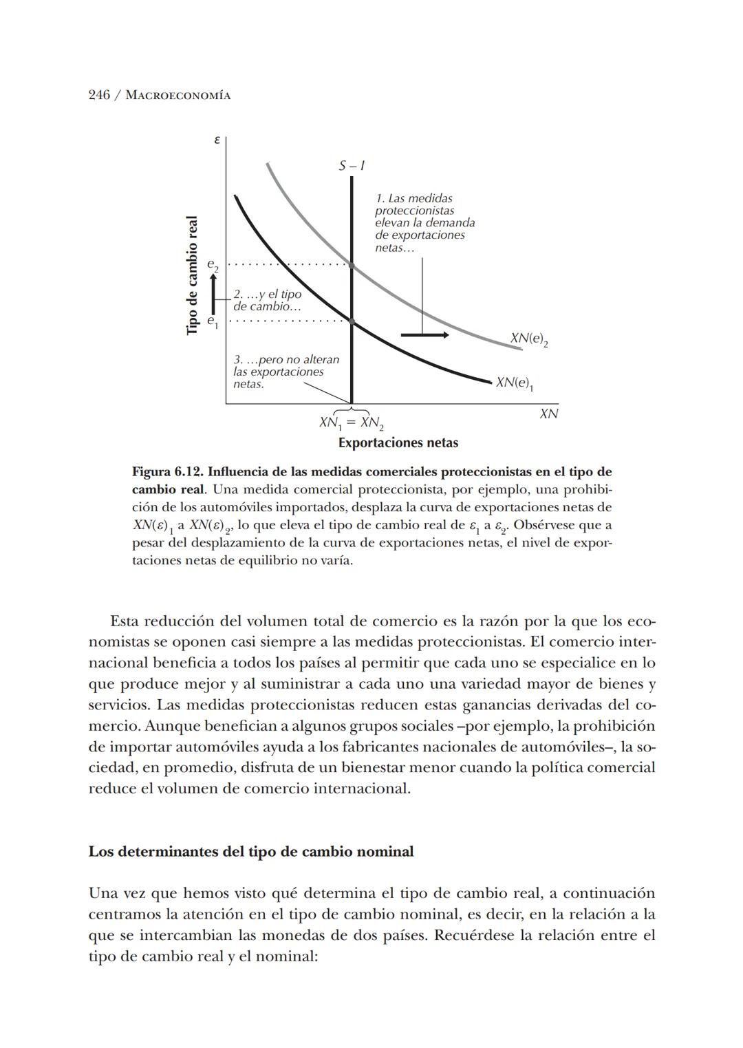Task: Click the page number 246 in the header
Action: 99,95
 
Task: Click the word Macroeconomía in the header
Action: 177,96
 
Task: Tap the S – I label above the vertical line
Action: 352,166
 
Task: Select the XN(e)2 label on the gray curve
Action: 529,339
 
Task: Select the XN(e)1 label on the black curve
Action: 515,383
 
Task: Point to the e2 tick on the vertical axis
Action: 213,265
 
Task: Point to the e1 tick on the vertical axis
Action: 213,321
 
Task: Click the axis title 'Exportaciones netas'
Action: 398,442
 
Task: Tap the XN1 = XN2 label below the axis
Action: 351,423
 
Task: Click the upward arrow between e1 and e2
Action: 214,293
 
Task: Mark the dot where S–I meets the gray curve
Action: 352,265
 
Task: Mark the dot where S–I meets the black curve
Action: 352,321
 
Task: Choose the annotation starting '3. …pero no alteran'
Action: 286,372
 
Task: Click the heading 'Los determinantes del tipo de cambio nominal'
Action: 251,852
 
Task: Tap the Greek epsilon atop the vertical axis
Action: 217,140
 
